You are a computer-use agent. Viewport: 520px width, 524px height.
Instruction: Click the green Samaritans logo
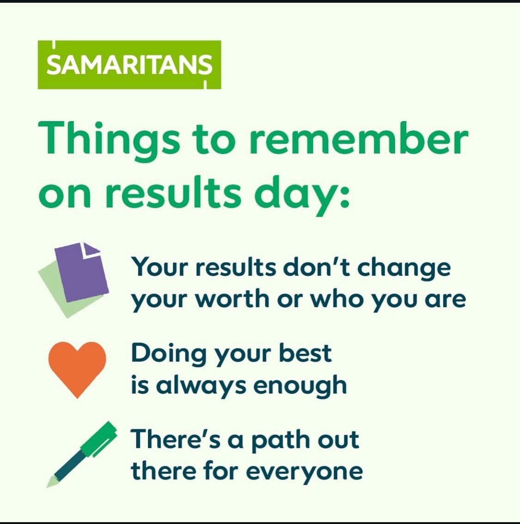[x=129, y=65]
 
